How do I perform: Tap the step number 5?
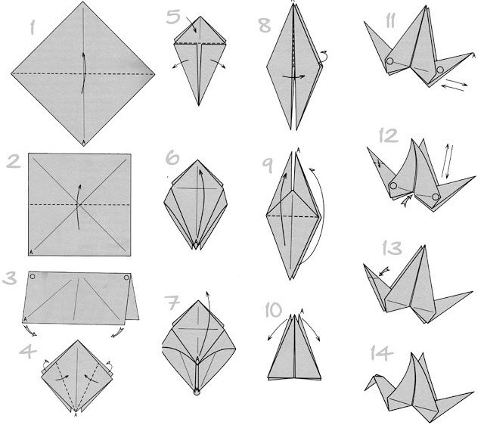coord(173,17)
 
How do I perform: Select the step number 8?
coord(265,25)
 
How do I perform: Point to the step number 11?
coord(390,21)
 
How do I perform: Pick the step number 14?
coord(382,353)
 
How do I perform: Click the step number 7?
coord(172,303)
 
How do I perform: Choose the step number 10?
coord(274,310)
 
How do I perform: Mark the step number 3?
coord(10,278)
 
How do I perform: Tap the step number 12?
coord(389,136)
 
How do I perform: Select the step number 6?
coord(172,158)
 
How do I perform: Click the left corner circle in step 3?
coord(33,277)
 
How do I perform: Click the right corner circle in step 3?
coord(126,278)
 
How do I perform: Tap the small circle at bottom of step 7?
coord(197,392)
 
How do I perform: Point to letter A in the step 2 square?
coord(31,253)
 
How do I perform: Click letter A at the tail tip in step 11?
coord(474,55)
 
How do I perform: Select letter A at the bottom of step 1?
coord(83,142)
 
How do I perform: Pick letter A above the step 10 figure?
coord(302,310)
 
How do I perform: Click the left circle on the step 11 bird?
coord(390,61)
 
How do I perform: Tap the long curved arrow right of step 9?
coord(322,216)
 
